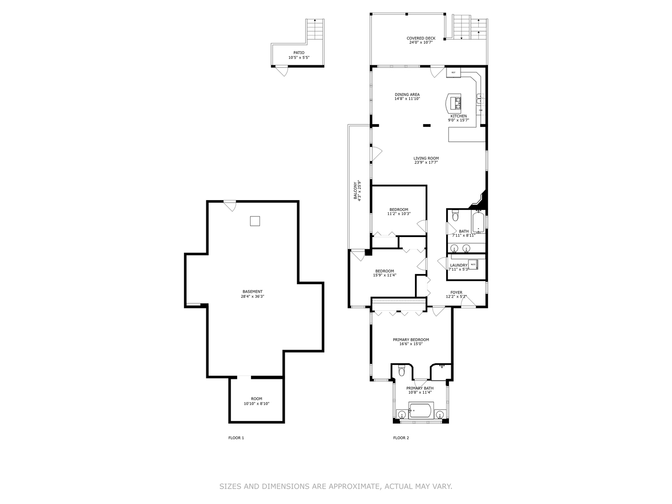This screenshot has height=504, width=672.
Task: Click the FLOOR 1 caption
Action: [x=236, y=438]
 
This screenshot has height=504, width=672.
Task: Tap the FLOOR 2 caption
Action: [x=401, y=438]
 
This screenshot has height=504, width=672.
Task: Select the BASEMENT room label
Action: [x=252, y=292]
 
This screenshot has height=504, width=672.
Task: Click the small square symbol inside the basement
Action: [x=255, y=221]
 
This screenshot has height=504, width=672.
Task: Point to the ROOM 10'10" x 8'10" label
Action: [x=257, y=401]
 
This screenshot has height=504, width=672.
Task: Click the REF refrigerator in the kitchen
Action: [x=453, y=72]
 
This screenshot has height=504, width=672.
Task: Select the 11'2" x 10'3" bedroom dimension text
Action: [x=399, y=214]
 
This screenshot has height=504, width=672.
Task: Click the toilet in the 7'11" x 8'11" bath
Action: [x=455, y=217]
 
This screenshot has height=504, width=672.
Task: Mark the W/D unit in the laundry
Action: [x=473, y=265]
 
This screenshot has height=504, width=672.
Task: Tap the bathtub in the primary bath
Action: [x=422, y=412]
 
